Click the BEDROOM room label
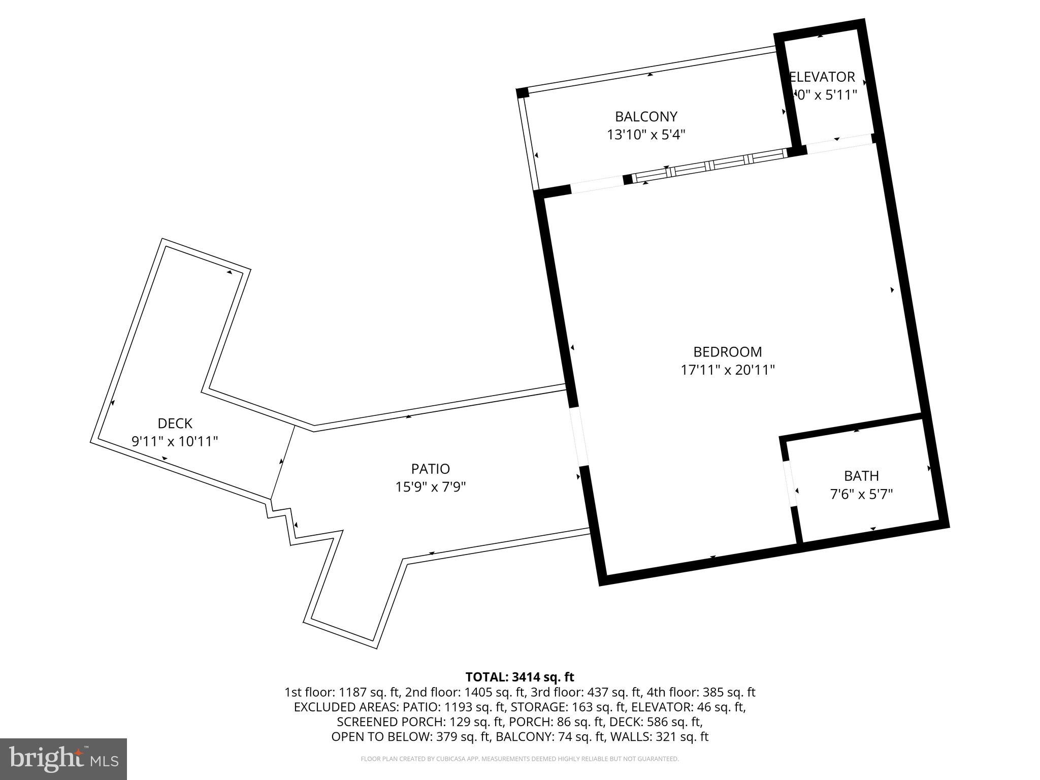[x=727, y=352]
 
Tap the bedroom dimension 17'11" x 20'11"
[x=727, y=370]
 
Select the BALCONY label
[x=646, y=117]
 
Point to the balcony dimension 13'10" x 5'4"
[x=646, y=135]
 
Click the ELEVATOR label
[x=823, y=77]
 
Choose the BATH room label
[x=861, y=476]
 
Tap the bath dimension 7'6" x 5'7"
[x=861, y=494]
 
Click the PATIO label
[x=431, y=469]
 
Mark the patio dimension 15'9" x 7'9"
[x=431, y=487]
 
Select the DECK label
[x=175, y=423]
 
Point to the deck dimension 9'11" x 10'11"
[x=175, y=441]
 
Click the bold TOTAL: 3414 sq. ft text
[x=519, y=677]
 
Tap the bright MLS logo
[x=63, y=759]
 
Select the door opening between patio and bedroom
[x=578, y=436]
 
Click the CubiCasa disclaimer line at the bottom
[x=519, y=759]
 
